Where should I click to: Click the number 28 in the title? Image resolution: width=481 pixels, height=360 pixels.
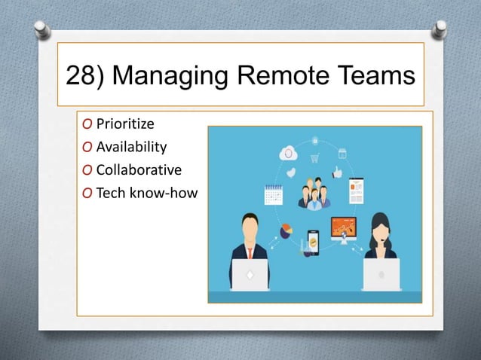click(x=81, y=75)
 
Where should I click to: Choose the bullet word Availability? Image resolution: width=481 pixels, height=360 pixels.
click(x=131, y=146)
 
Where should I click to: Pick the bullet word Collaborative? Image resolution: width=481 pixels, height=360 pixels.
click(x=139, y=169)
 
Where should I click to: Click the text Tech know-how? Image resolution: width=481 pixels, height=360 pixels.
click(x=146, y=193)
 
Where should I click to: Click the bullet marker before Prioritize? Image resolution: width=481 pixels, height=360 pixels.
click(x=88, y=124)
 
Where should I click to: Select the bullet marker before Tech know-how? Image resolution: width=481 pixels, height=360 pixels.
click(x=88, y=193)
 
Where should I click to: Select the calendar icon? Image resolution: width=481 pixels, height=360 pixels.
click(x=273, y=196)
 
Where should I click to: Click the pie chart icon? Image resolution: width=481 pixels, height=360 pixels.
click(x=286, y=230)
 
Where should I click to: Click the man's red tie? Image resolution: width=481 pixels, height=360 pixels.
click(x=250, y=252)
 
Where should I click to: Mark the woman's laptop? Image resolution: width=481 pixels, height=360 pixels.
click(x=381, y=274)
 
